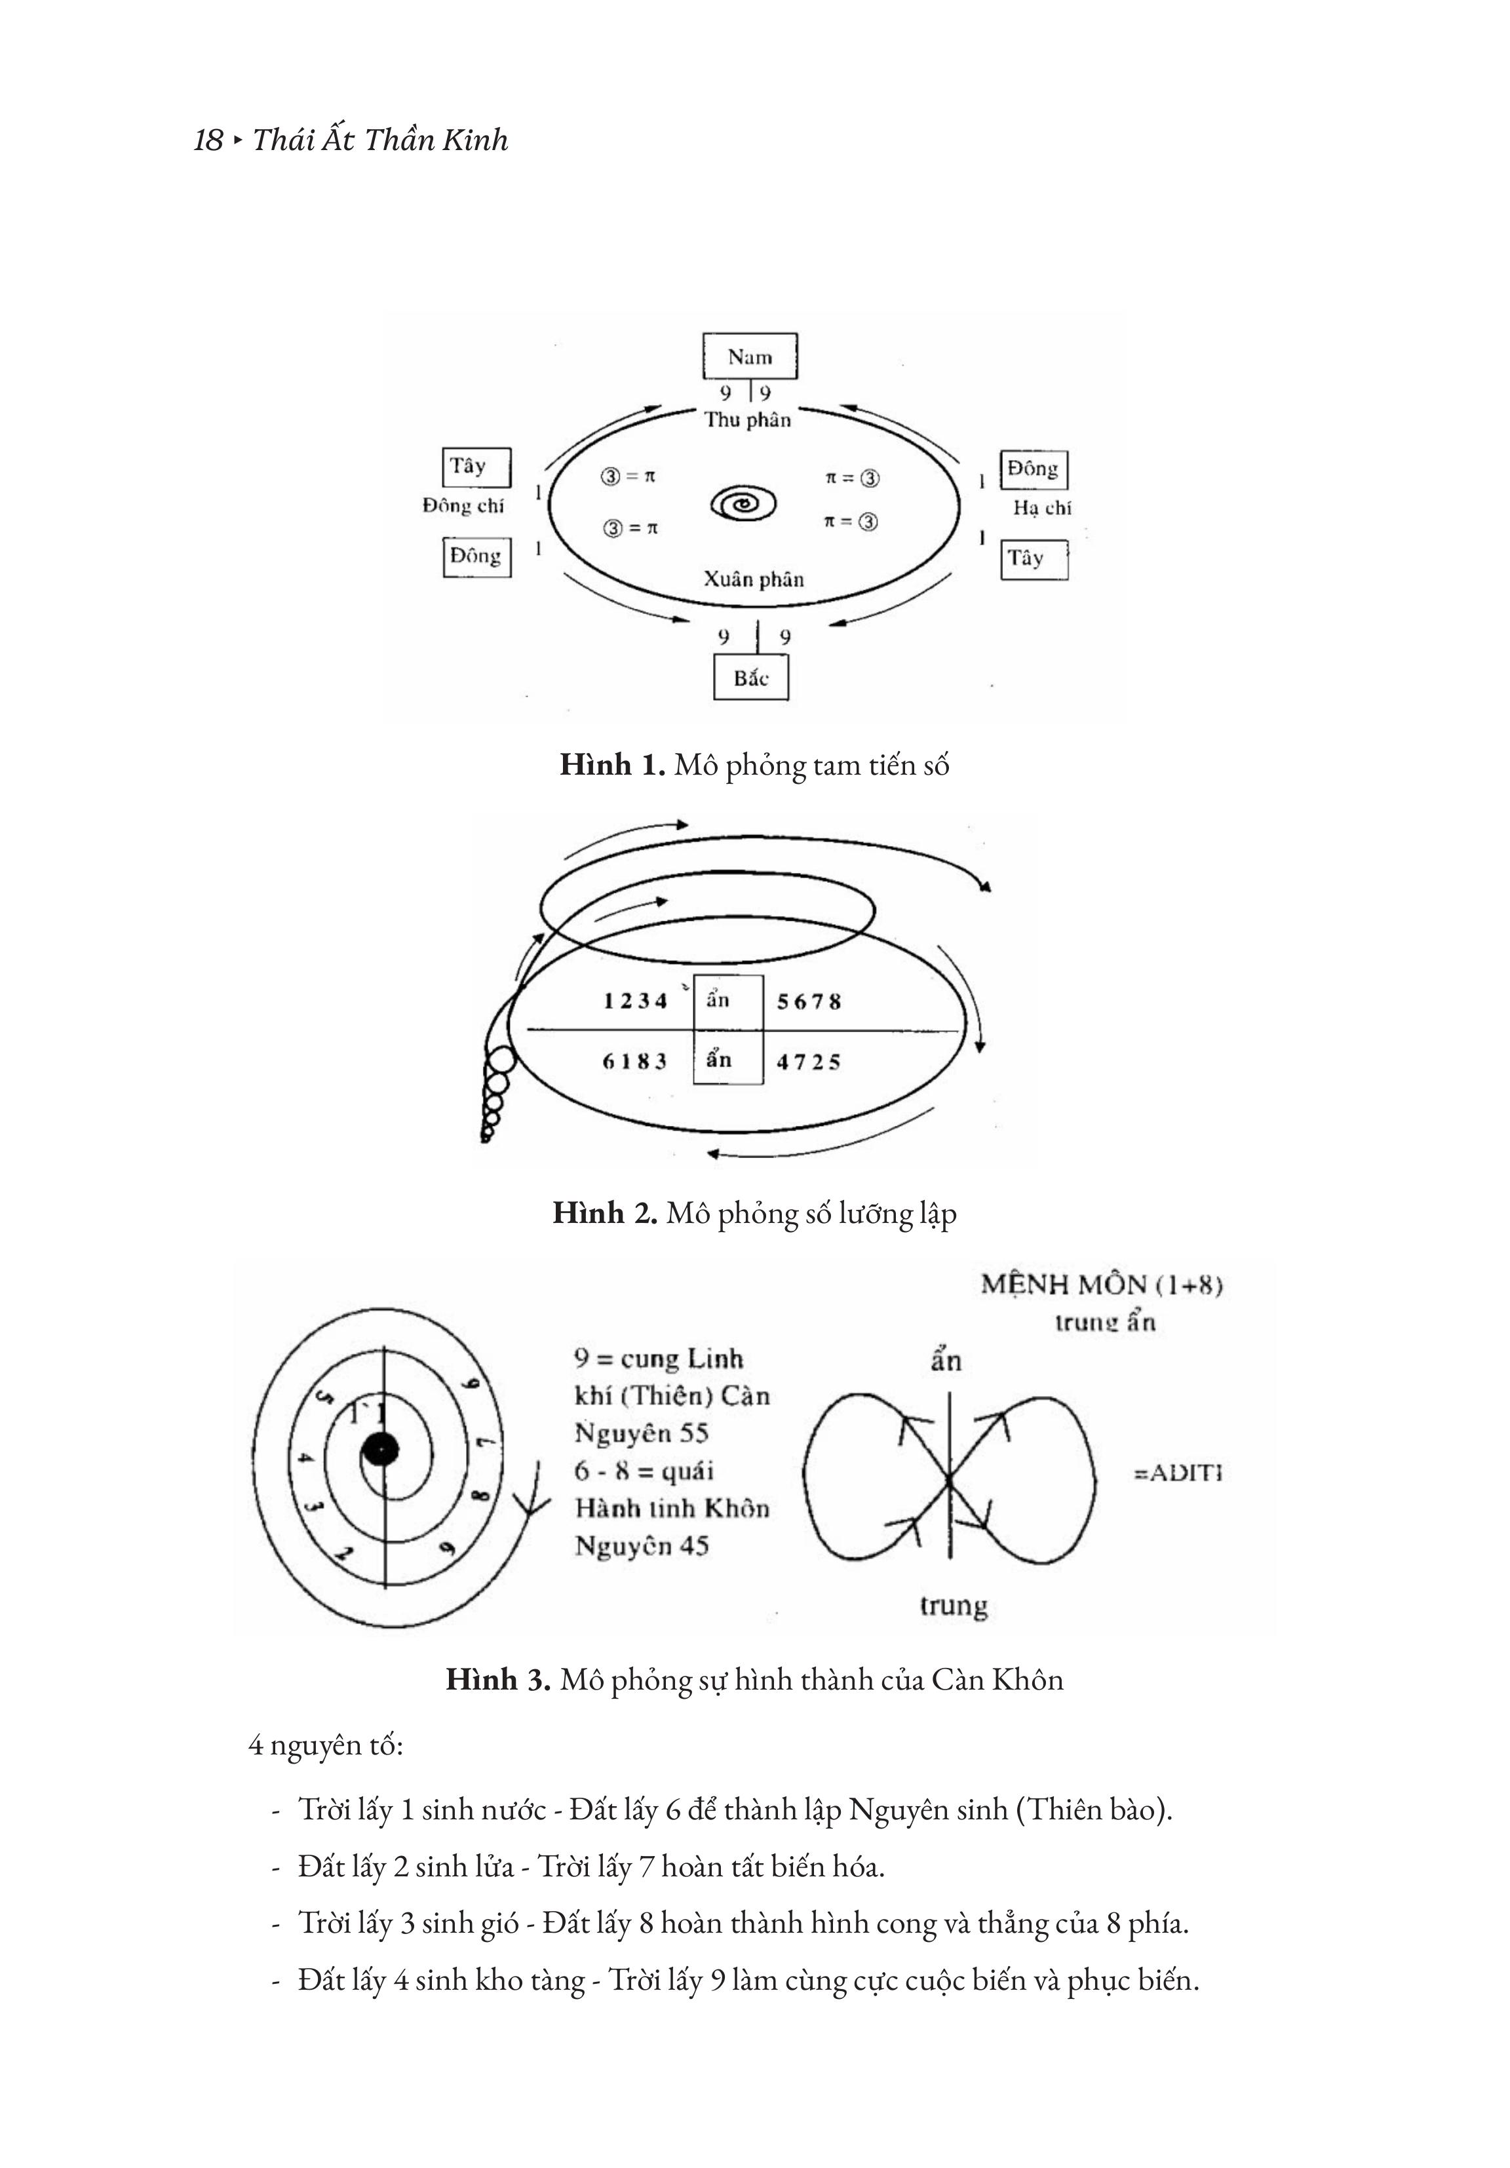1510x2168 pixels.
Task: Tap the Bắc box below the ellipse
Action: (751, 678)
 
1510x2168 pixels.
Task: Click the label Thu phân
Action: (747, 420)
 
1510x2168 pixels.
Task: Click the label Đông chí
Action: (463, 506)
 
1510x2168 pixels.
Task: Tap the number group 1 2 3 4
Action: (634, 1001)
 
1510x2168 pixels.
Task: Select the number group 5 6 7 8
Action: (808, 1002)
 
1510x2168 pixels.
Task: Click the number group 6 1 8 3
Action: (634, 1061)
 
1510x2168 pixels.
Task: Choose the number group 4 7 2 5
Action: (808, 1062)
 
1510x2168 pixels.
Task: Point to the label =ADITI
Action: (1178, 1472)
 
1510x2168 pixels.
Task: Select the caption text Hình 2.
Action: (604, 1213)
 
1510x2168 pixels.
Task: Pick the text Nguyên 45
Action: (641, 1546)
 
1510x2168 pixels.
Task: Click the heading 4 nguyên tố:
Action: (326, 1745)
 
